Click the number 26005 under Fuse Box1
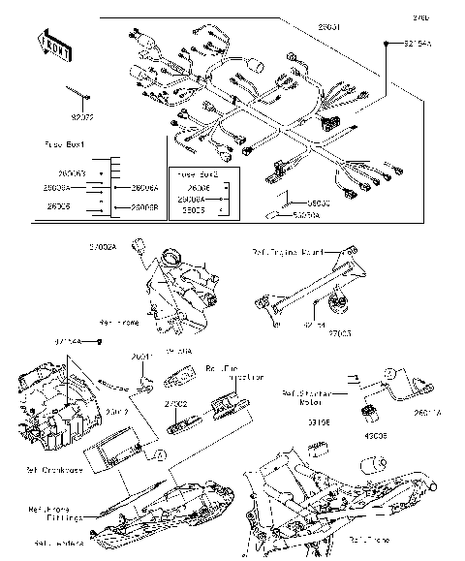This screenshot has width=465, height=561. pos(57,206)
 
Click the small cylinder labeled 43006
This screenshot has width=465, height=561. pos(369,413)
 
